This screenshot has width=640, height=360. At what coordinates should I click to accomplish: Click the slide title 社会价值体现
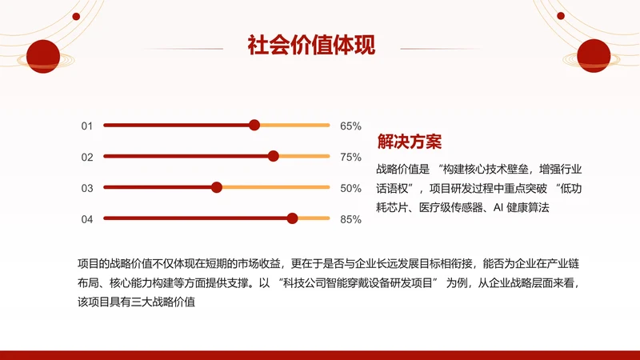(311, 45)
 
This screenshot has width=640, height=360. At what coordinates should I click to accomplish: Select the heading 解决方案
(409, 142)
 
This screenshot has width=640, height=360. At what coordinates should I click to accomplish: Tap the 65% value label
(350, 126)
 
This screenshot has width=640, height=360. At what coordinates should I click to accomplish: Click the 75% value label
(350, 157)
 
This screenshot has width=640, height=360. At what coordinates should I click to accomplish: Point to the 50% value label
(350, 188)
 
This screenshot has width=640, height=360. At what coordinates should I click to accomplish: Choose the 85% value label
(350, 219)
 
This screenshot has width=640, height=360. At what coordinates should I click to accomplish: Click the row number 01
(87, 126)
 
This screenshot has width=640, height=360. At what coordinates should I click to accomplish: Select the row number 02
(87, 157)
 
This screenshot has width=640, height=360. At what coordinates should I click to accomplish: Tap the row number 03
(87, 188)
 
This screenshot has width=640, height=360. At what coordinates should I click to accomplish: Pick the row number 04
(87, 219)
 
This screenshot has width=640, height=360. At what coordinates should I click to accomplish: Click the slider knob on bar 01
(254, 125)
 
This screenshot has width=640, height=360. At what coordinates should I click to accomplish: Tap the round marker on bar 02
(274, 156)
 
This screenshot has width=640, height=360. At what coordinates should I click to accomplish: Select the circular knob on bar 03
(216, 187)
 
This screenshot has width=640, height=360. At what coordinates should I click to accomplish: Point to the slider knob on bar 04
(293, 218)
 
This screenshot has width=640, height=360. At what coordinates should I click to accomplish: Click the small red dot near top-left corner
(76, 16)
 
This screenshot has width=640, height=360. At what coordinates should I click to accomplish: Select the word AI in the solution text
(499, 207)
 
